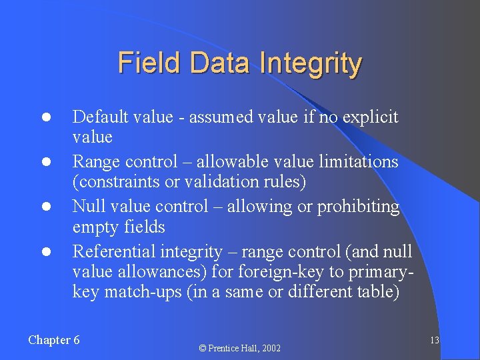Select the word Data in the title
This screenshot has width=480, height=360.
tap(222, 63)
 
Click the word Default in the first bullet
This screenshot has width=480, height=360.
tap(99, 117)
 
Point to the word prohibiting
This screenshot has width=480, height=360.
tap(358, 207)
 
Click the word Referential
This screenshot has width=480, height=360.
tap(113, 251)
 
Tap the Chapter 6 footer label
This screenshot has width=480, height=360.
tap(54, 340)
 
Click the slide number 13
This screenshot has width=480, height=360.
tap(434, 341)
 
